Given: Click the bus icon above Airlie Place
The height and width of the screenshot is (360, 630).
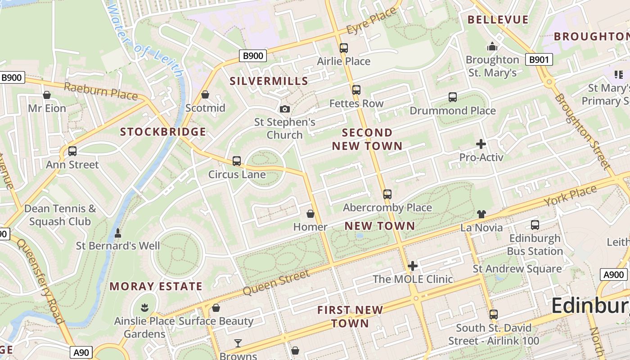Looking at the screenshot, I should [344, 48].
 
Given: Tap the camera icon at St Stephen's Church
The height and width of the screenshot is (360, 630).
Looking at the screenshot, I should [284, 109].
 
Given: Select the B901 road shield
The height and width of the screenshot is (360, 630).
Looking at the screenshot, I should [539, 59].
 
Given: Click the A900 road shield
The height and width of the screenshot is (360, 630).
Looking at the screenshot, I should [613, 274].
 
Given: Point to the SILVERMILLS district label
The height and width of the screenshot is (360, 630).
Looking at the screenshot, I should [269, 81].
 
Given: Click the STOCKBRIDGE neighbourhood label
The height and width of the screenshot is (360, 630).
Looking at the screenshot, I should [163, 132].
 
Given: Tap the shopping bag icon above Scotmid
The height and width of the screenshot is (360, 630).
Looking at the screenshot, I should [205, 94].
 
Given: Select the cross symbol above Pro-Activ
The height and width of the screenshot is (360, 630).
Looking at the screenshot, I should [481, 144].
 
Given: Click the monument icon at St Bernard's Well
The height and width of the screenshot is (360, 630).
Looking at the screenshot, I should [118, 233].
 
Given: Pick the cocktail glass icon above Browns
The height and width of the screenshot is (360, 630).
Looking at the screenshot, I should [238, 343].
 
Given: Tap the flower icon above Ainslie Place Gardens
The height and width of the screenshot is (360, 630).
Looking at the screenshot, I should [144, 308].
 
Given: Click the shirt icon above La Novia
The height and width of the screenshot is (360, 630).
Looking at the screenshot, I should [481, 214].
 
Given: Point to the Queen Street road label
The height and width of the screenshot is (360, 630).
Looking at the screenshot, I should [276, 283].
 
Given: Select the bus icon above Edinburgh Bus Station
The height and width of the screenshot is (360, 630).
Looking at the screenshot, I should [535, 225].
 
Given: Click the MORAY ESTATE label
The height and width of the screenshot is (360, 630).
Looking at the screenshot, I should [156, 286].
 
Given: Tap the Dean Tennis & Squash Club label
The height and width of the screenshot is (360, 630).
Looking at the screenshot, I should [60, 215].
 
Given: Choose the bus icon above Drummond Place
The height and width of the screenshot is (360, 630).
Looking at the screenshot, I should [453, 97].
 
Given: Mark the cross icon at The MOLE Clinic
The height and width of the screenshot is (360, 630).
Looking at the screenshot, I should [413, 266].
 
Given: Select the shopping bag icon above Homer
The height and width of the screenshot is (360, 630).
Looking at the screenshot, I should [310, 214].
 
